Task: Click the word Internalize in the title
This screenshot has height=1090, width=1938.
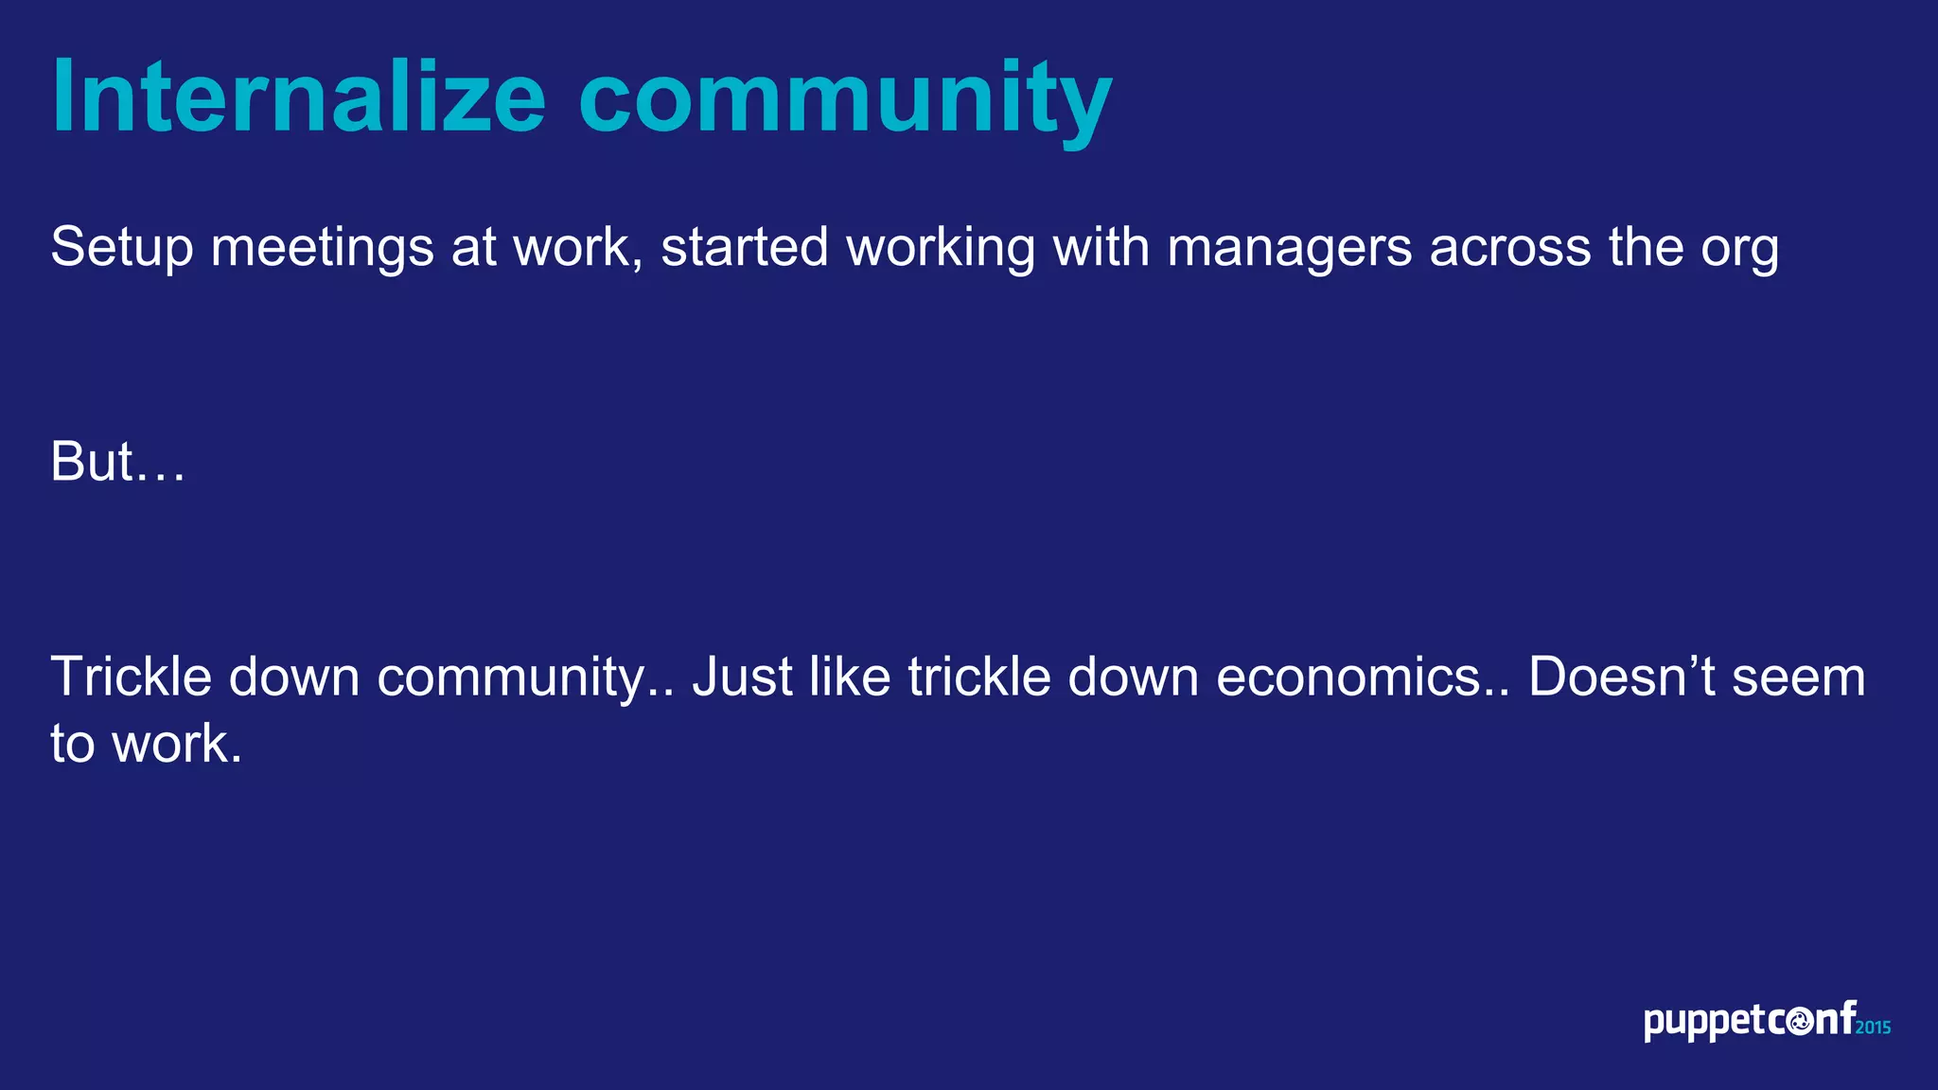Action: click(298, 97)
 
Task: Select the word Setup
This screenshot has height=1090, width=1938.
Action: click(121, 248)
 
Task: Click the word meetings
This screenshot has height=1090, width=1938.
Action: click(322, 248)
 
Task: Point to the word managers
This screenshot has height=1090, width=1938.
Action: click(1289, 248)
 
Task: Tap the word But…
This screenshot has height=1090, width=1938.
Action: click(117, 462)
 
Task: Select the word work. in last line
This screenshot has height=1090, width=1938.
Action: click(177, 744)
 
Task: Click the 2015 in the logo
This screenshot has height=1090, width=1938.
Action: click(1873, 1028)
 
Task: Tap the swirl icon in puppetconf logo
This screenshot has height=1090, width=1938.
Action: click(1800, 1022)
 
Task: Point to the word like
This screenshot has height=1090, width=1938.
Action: click(850, 677)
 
